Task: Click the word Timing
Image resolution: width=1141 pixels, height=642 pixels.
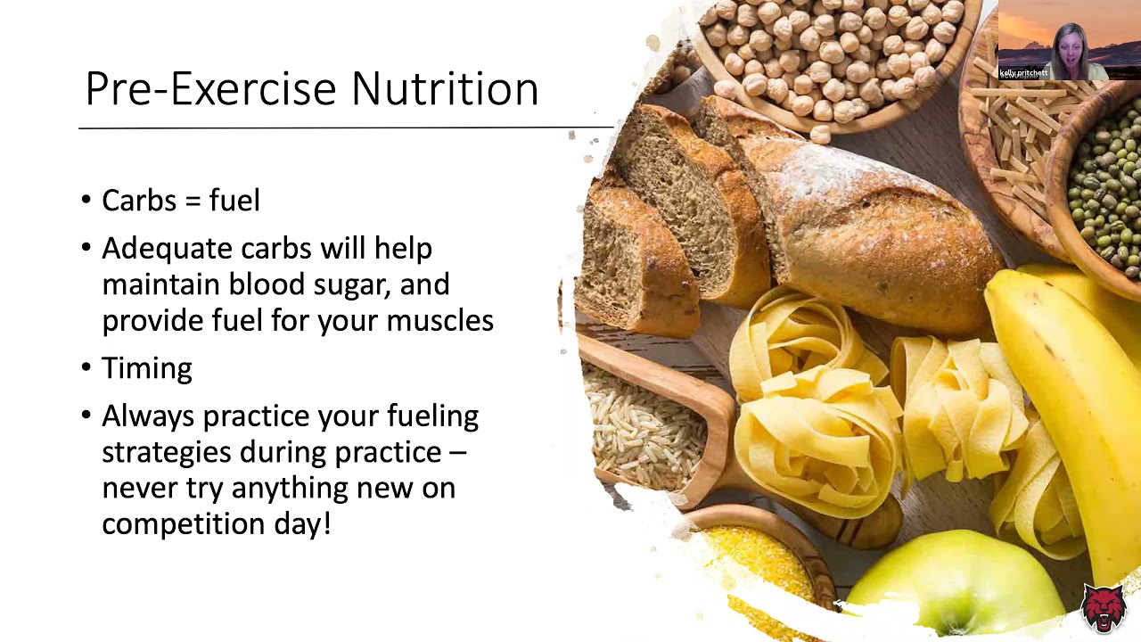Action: (146, 369)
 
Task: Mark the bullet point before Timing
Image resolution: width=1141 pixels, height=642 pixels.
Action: (86, 367)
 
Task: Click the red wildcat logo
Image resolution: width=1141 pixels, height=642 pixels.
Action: (1103, 608)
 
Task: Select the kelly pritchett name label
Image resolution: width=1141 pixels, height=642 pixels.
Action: (1023, 73)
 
